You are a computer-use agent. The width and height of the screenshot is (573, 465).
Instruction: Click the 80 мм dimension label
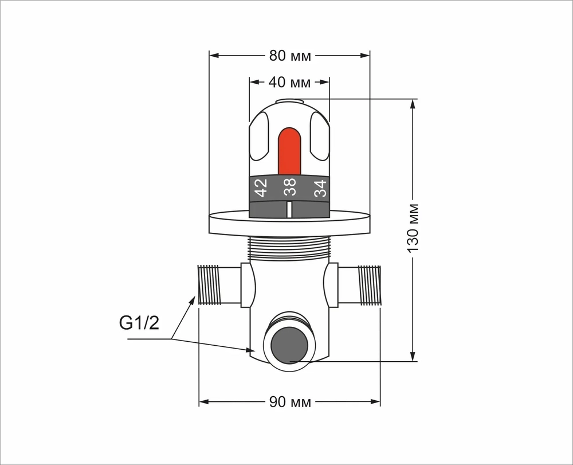click(x=290, y=56)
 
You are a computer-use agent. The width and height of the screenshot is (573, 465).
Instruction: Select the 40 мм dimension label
click(x=289, y=83)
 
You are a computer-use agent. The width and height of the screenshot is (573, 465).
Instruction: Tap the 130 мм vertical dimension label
click(x=413, y=228)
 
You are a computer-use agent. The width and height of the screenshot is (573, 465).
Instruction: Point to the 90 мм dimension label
click(x=290, y=402)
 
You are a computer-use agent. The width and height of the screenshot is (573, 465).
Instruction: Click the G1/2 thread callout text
click(x=139, y=323)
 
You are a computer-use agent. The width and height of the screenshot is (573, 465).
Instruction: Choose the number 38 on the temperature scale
click(x=290, y=187)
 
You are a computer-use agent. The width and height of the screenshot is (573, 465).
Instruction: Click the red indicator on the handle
click(x=289, y=151)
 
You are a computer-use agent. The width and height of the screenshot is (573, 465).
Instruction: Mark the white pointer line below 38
click(x=289, y=210)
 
